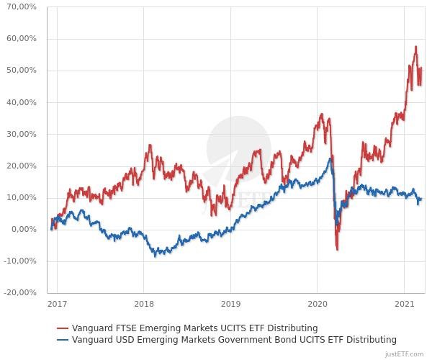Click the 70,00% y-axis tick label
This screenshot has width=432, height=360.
point(22,7)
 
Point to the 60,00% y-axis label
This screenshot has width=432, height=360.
point(22,39)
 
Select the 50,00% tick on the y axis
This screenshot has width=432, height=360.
point(22,71)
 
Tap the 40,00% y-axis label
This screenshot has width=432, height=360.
point(22,102)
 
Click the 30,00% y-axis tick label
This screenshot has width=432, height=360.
point(22,134)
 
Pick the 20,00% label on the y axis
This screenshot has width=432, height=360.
point(22,166)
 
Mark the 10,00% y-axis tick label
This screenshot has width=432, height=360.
point(22,197)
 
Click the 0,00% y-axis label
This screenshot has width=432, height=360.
point(24,229)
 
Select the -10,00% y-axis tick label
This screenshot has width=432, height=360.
point(19,261)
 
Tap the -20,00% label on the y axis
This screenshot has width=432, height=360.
point(19,292)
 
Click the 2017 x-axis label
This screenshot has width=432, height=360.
point(57,305)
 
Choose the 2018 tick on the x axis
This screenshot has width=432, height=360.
point(144,305)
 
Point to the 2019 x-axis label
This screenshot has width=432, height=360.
point(230,305)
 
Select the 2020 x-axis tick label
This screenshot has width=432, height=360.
point(318,305)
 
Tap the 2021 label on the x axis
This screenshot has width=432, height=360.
point(405,305)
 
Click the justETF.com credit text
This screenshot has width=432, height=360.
point(405,354)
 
